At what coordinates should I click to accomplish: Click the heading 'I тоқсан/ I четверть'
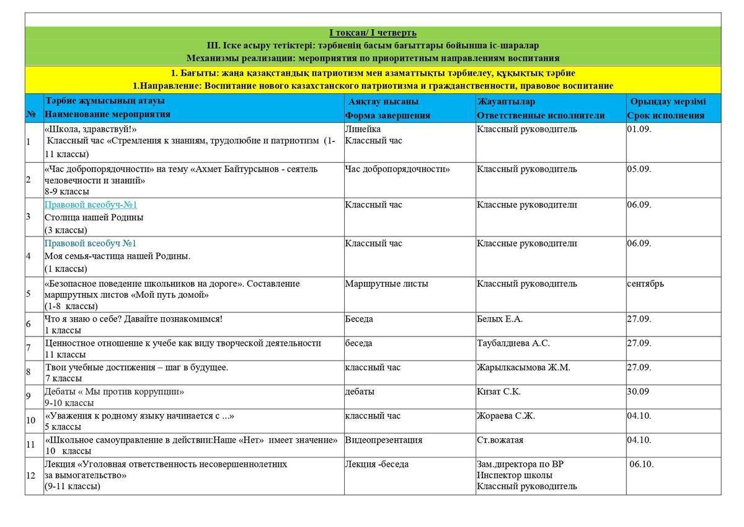pos(373,33)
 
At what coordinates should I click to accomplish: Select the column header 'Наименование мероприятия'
pos(107,114)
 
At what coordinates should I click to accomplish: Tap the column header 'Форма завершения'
pos(387,115)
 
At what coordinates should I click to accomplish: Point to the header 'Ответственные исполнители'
pos(541,115)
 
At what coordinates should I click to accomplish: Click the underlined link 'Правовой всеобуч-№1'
pos(91,205)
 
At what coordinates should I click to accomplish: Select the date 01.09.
pos(639,129)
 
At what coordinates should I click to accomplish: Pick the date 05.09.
pos(639,169)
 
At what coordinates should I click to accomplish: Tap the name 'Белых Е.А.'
pos(500,319)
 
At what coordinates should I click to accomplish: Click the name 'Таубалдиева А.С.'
pos(513,343)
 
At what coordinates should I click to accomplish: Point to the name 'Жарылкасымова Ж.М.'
pos(523,367)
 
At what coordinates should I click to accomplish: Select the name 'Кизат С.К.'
pos(498,392)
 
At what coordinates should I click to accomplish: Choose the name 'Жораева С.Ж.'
pos(505,416)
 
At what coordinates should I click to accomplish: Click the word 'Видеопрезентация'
pos(384,440)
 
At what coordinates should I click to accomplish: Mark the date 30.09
pos(637,392)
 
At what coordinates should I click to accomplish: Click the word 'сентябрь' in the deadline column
pos(645,284)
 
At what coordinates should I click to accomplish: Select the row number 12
pos(30,475)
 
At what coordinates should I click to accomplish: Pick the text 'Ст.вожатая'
pos(500,440)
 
